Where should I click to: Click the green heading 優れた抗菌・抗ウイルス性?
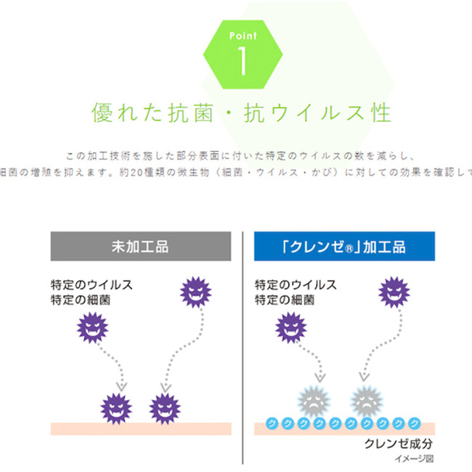click(241, 114)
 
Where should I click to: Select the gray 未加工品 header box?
click(141, 246)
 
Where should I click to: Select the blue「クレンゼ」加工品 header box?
click(344, 246)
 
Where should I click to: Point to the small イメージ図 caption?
click(415, 459)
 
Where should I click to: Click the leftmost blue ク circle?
click(272, 423)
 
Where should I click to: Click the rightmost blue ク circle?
click(414, 423)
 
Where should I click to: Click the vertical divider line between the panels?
click(243, 349)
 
